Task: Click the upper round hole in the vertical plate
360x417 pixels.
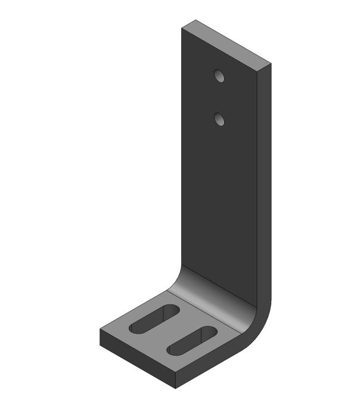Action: coord(219,76)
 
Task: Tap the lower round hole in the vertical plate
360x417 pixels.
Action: coord(219,120)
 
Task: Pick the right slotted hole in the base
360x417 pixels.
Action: coord(191,341)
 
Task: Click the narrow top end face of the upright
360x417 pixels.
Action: coord(226,45)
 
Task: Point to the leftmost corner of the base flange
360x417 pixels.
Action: coord(100,331)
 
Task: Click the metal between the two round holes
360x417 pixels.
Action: coord(219,98)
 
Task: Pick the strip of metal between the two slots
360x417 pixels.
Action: coord(173,330)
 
